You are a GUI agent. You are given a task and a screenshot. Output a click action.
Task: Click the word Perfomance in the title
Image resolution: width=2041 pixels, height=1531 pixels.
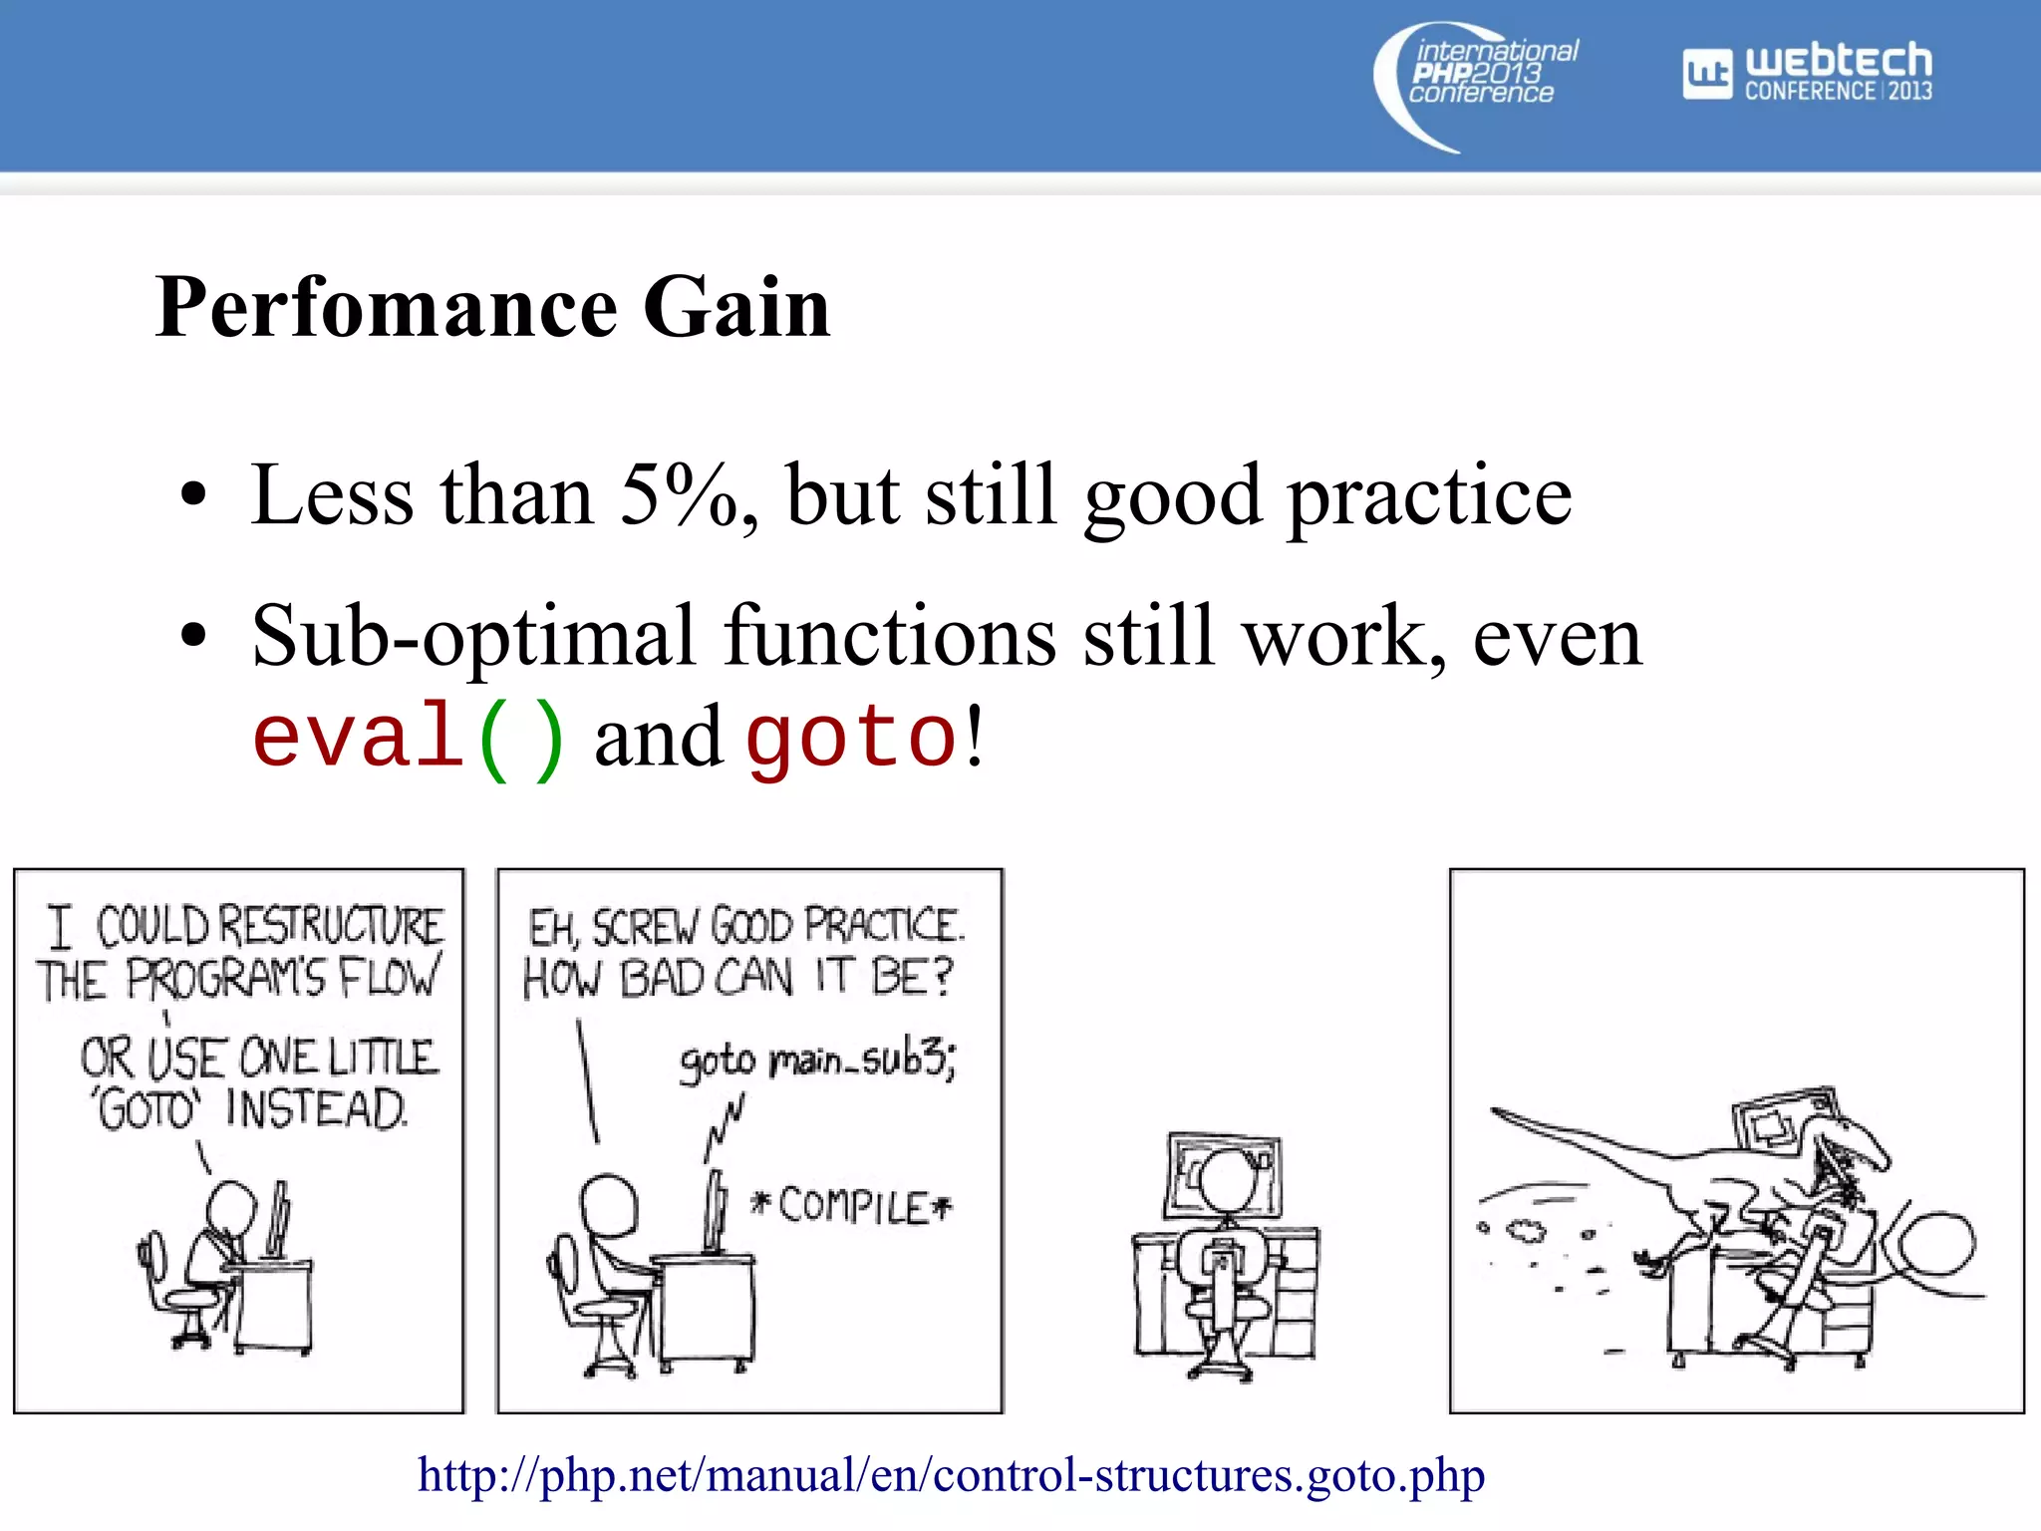click(x=387, y=307)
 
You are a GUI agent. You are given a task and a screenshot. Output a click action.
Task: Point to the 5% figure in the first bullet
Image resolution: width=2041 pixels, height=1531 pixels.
click(x=678, y=495)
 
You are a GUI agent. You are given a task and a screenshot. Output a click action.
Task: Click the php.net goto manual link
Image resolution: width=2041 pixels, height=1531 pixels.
click(x=951, y=1474)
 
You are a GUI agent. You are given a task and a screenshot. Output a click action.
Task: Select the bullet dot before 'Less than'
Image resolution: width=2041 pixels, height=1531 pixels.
click(x=193, y=495)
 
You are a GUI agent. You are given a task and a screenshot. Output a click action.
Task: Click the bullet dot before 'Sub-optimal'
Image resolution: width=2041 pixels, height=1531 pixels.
click(x=193, y=636)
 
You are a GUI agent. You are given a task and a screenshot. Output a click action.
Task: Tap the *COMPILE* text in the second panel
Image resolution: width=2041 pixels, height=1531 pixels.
click(x=852, y=1206)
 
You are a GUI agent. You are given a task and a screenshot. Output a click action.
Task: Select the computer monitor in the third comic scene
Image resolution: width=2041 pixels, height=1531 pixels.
click(x=1224, y=1174)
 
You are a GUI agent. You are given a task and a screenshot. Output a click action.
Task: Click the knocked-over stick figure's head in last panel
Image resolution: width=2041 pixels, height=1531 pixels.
click(x=1938, y=1246)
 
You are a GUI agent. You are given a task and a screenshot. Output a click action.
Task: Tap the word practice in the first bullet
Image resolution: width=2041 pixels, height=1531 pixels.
click(x=1429, y=495)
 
